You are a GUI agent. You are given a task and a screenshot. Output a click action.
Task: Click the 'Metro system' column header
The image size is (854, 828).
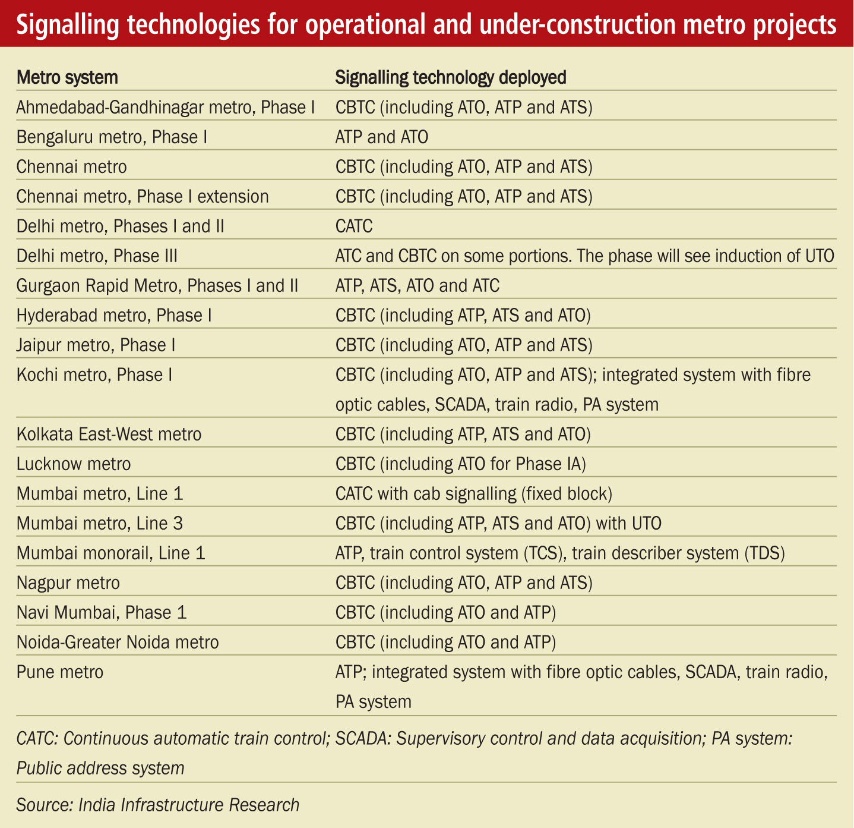67,78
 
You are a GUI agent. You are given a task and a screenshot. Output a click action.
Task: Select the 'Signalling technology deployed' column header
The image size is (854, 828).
451,78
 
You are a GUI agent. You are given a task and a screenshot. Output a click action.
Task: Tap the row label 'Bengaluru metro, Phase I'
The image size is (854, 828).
112,137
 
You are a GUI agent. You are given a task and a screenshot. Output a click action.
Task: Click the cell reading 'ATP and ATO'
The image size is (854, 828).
382,137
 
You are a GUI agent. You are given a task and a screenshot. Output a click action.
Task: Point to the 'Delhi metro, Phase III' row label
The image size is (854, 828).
97,256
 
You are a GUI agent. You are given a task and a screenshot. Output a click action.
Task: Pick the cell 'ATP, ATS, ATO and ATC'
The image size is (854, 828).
417,286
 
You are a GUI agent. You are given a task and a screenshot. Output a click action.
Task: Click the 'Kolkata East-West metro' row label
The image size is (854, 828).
109,435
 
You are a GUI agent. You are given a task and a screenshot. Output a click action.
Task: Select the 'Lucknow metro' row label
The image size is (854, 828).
74,464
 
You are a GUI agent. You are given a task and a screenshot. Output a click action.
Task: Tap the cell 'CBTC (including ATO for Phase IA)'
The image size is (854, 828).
461,464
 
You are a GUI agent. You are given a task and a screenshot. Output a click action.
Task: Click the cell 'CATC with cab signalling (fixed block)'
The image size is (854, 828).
474,494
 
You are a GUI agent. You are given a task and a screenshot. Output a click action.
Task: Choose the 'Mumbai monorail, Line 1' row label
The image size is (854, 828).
111,553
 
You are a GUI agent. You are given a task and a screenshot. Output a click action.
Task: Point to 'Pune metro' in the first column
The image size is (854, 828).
59,672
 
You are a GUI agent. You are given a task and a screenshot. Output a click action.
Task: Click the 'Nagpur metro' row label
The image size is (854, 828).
68,583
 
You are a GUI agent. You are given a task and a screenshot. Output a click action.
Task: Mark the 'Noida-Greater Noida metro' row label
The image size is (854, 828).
118,643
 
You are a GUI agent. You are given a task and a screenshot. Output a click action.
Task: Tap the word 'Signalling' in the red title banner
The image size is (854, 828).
68,24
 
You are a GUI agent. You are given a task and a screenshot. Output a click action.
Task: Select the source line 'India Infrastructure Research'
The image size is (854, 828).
189,805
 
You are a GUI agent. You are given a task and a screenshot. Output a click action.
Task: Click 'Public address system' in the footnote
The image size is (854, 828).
100,768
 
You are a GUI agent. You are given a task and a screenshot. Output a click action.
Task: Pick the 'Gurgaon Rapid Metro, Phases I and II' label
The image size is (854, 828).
157,286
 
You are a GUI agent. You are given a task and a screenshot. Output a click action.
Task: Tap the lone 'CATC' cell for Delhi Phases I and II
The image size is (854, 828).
354,226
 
